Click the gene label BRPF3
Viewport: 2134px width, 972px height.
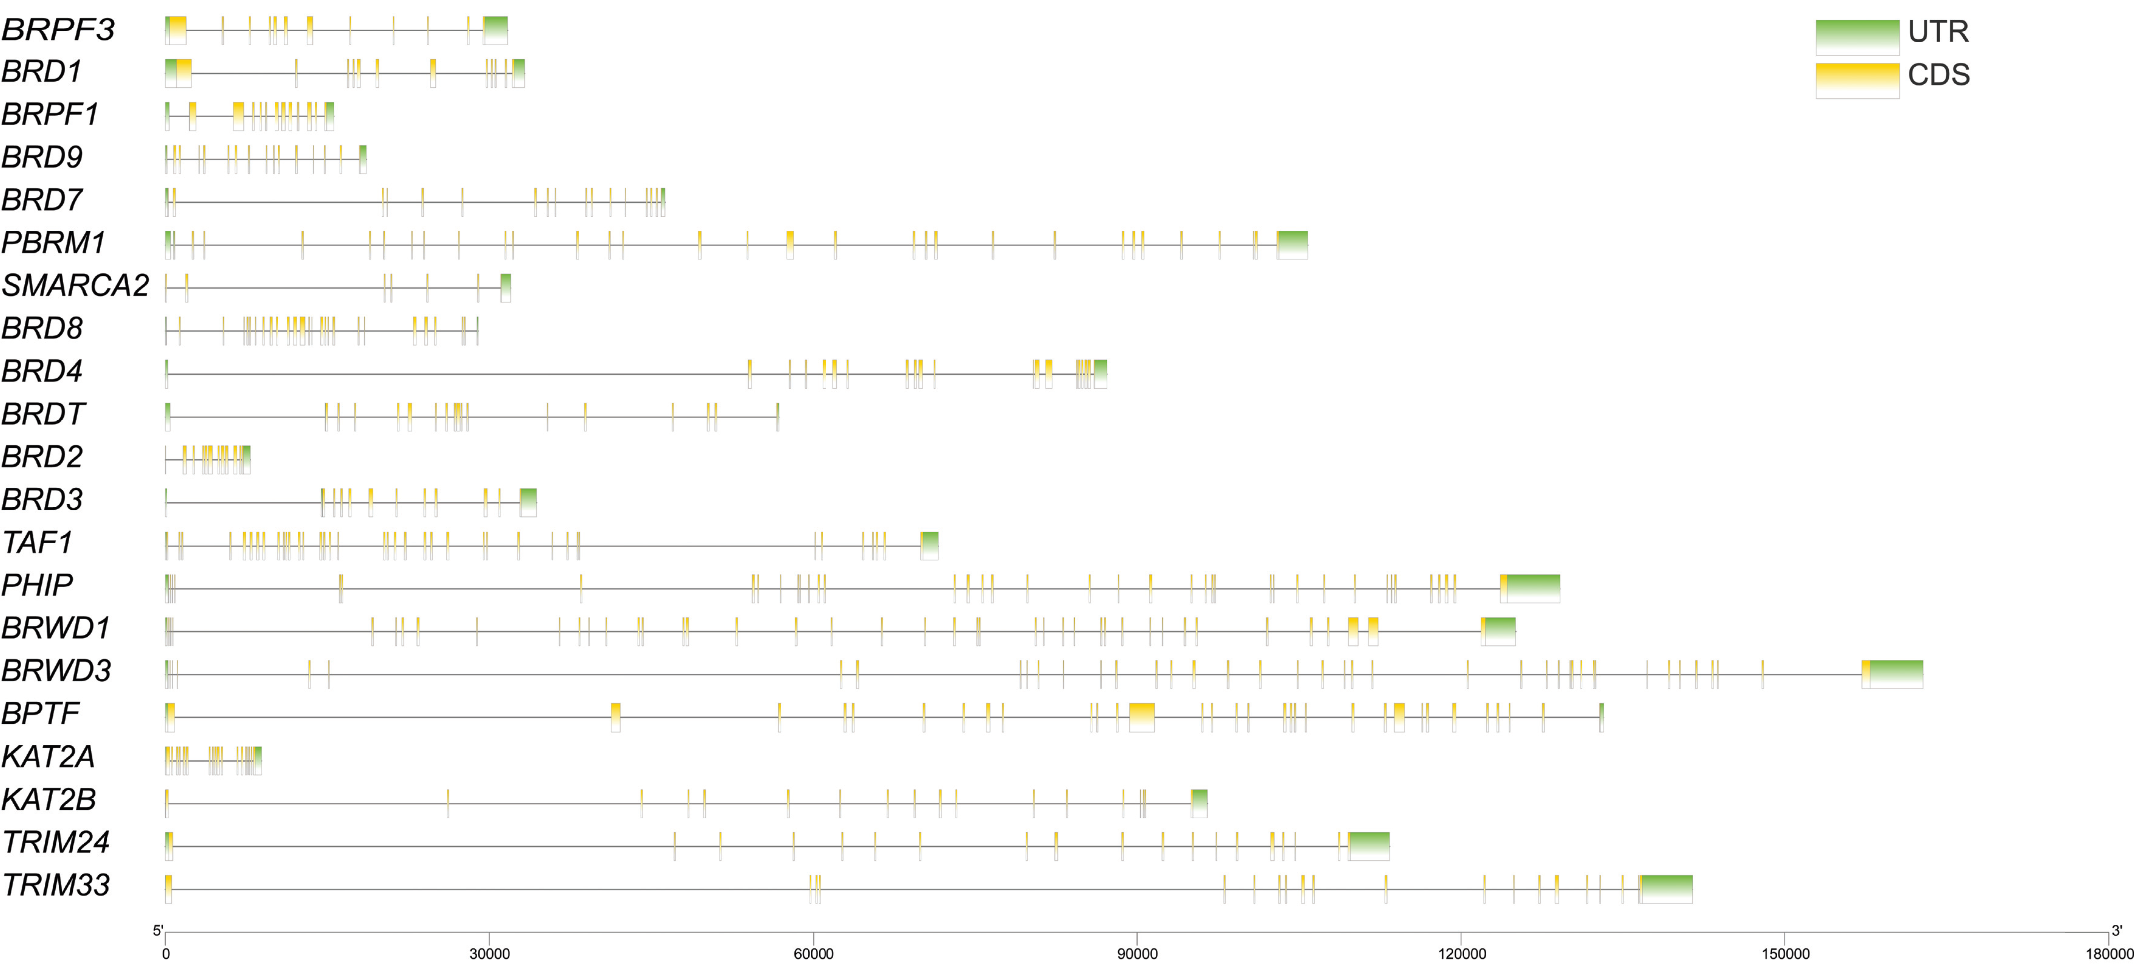tap(58, 30)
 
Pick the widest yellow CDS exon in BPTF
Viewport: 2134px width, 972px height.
tap(1142, 717)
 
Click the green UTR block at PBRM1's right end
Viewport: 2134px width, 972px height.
tap(1292, 245)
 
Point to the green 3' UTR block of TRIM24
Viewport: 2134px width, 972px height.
tap(1369, 846)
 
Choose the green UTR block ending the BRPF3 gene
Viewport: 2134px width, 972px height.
tap(495, 30)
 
